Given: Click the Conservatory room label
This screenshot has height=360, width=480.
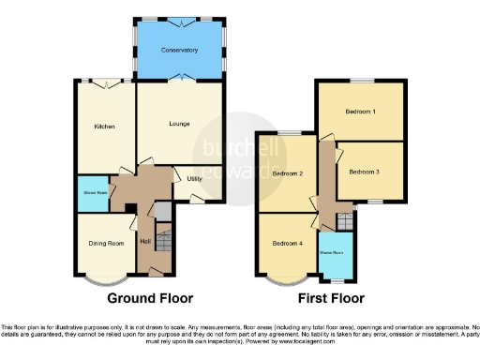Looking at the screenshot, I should pos(179,50).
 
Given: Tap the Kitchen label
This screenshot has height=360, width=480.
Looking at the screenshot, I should pos(103,127).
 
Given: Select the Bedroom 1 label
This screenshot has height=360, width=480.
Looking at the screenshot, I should pos(360,112).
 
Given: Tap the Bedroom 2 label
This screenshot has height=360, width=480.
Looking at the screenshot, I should pos(287,174).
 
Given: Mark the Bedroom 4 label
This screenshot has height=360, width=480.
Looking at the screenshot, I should pos(287,243).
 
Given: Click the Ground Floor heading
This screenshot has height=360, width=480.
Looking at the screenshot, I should pos(150,299).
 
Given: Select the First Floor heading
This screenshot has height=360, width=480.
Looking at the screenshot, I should pos(330,299).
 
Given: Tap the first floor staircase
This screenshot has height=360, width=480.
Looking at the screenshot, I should pos(345,222).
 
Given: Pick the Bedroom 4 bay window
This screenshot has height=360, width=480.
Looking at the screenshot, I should pos(286,278).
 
